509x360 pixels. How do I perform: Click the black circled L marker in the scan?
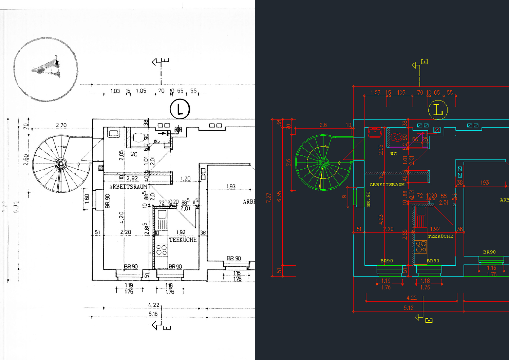(x=180, y=109)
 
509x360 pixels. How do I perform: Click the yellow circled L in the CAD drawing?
(x=438, y=110)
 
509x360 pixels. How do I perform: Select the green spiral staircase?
(x=323, y=162)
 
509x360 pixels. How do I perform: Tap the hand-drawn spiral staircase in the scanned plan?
(x=61, y=164)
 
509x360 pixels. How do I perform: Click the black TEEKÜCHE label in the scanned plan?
(x=183, y=240)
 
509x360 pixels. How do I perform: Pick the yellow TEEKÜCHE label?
(x=440, y=236)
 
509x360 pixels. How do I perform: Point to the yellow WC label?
(x=393, y=154)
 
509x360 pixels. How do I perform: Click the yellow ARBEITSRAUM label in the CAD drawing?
(x=387, y=185)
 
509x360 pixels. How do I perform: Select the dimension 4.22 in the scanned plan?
(x=154, y=305)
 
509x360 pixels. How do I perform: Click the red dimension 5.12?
(x=409, y=308)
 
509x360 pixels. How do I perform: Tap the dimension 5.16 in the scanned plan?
(x=153, y=314)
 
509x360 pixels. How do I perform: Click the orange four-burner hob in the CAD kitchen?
(x=421, y=247)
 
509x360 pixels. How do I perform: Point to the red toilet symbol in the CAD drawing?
(x=397, y=137)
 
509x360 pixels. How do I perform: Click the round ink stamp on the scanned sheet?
(x=45, y=69)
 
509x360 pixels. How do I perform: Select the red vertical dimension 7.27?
(x=269, y=197)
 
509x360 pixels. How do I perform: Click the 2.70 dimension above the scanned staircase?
(x=61, y=125)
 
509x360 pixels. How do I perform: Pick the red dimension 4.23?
(x=381, y=219)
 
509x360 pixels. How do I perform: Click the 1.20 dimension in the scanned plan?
(x=185, y=178)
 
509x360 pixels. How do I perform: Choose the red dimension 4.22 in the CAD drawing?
(x=411, y=298)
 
